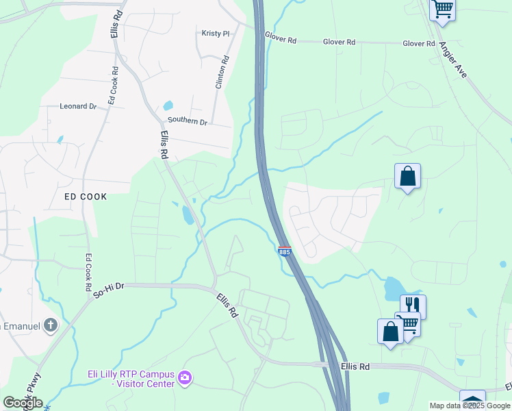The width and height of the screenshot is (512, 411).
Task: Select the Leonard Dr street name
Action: [x=78, y=106]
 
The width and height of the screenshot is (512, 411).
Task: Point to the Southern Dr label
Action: [x=188, y=121]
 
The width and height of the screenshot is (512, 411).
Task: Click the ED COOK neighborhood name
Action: [x=86, y=197]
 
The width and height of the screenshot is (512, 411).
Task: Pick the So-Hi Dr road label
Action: [x=109, y=290]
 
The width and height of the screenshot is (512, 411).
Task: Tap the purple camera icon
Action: [x=184, y=378]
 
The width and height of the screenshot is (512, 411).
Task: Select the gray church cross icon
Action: [x=51, y=326]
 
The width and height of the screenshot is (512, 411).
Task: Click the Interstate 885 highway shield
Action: [x=285, y=252]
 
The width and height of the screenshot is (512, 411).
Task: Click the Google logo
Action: [x=23, y=403]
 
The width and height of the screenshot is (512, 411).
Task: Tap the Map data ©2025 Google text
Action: [x=470, y=406]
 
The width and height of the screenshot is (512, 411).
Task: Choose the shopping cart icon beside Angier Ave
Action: [x=442, y=10]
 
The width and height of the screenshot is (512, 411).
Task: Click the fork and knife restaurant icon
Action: [x=413, y=305]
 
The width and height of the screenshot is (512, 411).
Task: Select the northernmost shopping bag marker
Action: [x=407, y=176]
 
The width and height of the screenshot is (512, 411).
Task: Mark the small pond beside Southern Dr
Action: [x=168, y=106]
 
